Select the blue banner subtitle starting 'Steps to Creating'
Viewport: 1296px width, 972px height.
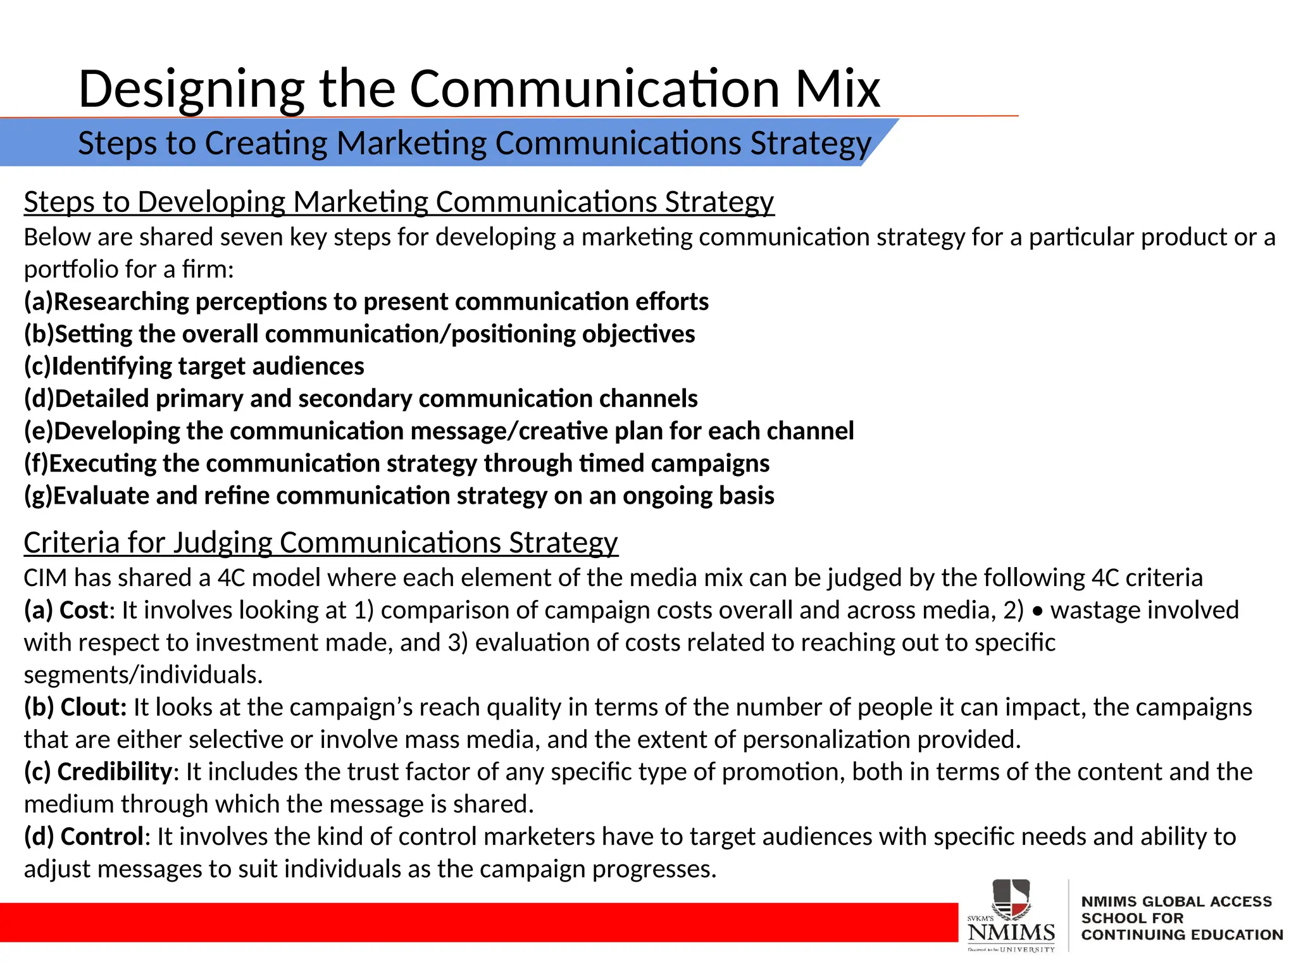click(x=474, y=143)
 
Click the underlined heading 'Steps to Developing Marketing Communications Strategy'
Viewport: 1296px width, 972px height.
click(x=399, y=202)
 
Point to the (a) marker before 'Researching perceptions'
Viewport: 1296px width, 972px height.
click(x=38, y=302)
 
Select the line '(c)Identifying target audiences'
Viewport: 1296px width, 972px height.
click(x=194, y=366)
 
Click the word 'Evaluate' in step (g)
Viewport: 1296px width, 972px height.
click(x=101, y=495)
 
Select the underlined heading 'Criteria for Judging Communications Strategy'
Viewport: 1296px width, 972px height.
click(x=321, y=542)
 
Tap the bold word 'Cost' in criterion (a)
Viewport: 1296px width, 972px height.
click(x=84, y=610)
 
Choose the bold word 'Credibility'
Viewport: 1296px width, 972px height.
click(x=115, y=772)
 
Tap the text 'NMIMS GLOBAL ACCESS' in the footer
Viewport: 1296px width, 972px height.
click(x=1176, y=902)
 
